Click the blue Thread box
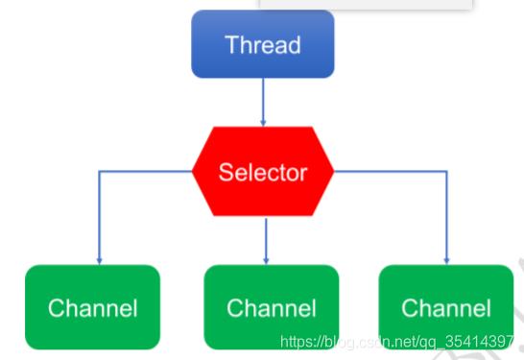[x=263, y=44]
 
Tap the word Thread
[x=263, y=45]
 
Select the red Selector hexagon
[x=263, y=171]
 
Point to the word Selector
[x=263, y=173]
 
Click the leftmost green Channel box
[x=92, y=307]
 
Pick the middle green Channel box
[x=272, y=307]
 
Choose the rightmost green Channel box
[x=446, y=307]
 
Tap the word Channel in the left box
[x=92, y=308]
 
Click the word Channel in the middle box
[x=272, y=308]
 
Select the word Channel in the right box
[x=446, y=308]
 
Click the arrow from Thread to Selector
[x=263, y=103]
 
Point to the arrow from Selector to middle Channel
[x=266, y=241]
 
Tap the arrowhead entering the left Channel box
[x=99, y=261]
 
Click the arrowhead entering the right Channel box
[x=446, y=261]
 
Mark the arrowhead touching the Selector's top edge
[x=263, y=123]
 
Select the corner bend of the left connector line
[x=99, y=172]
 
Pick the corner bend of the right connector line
[x=446, y=172]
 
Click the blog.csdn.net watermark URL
[x=397, y=342]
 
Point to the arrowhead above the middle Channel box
[x=266, y=261]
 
